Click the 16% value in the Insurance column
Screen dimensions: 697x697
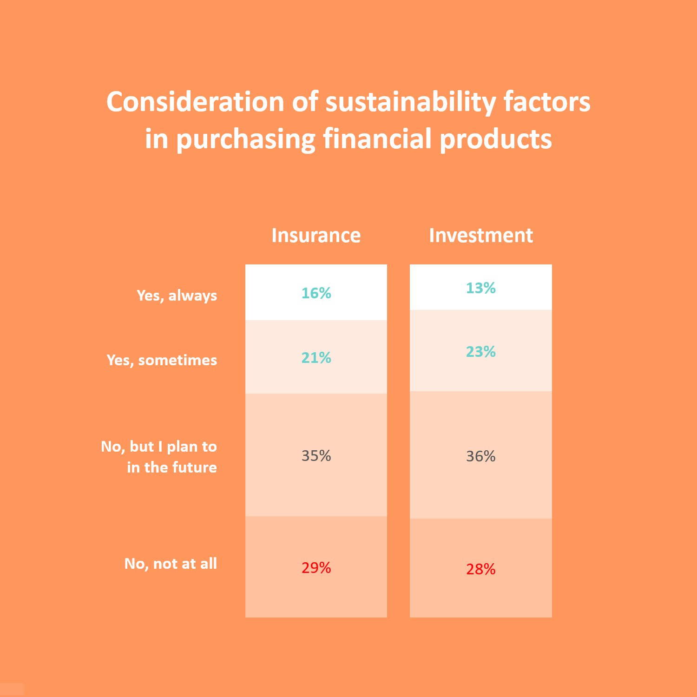click(x=316, y=293)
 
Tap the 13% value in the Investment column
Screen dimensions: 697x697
click(x=480, y=288)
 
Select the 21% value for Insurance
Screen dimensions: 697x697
click(x=316, y=357)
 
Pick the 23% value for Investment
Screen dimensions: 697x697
click(x=480, y=351)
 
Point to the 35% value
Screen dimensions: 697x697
click(x=316, y=455)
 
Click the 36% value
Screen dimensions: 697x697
click(x=480, y=456)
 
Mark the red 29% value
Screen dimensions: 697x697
click(x=316, y=567)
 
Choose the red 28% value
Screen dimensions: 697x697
click(x=480, y=569)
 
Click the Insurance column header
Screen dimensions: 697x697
click(x=316, y=235)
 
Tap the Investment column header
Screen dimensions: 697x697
click(x=481, y=235)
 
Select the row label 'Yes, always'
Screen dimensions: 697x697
click(x=177, y=296)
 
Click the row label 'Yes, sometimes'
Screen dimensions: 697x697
click(x=162, y=360)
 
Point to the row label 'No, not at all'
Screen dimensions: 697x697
click(x=171, y=564)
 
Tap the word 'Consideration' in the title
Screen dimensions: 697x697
click(x=196, y=102)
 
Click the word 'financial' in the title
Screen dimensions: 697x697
click(x=377, y=138)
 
